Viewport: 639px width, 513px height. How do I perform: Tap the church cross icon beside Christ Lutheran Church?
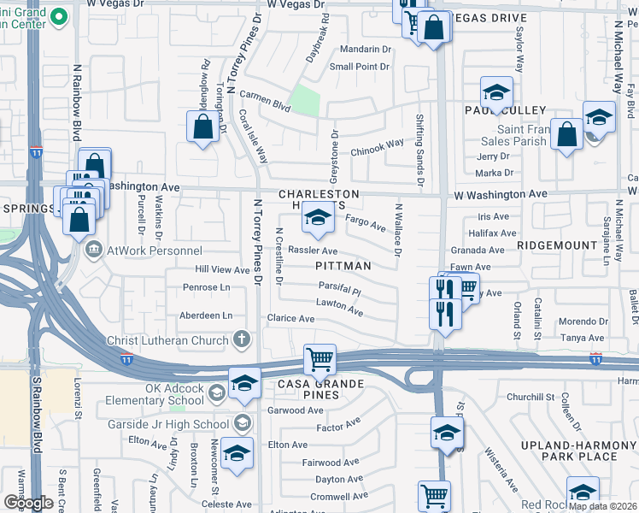click(242, 339)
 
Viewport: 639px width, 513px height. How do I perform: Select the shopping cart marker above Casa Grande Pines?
click(319, 359)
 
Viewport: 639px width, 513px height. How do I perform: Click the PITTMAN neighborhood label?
click(343, 266)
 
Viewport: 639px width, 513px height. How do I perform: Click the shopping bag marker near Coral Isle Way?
click(203, 127)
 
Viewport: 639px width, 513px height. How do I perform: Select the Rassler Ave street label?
click(313, 251)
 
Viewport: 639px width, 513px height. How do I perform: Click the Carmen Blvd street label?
click(265, 100)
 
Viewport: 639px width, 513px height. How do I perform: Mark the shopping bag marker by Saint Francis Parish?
click(567, 134)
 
